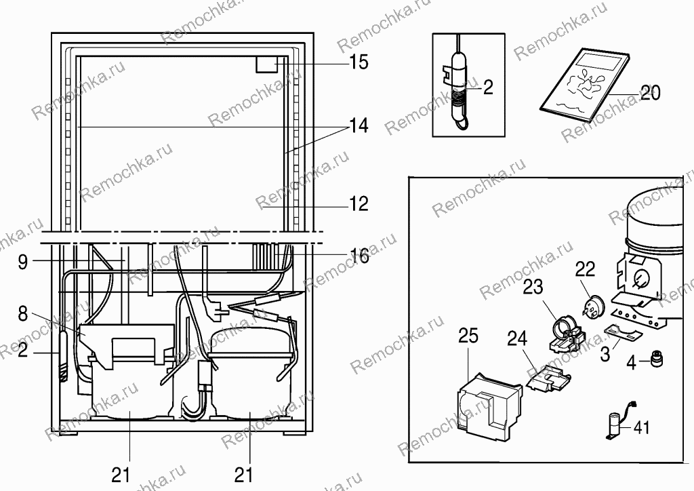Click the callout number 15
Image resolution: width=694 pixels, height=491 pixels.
click(359, 62)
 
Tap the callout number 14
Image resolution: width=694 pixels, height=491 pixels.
click(359, 126)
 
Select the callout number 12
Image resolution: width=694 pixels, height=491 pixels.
click(359, 203)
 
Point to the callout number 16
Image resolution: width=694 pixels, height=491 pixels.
click(359, 256)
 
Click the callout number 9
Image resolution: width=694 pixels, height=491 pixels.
click(23, 262)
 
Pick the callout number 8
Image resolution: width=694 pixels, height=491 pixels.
click(23, 314)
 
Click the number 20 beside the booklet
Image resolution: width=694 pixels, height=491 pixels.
click(650, 92)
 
